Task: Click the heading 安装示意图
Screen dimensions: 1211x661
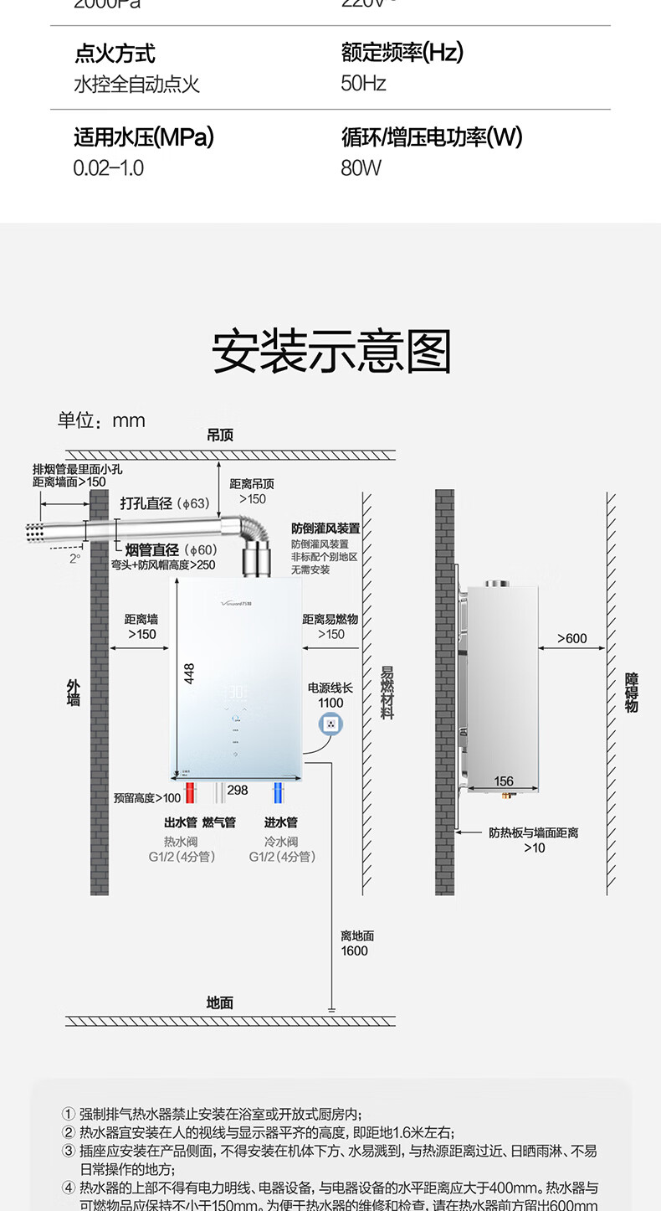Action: pyautogui.click(x=331, y=352)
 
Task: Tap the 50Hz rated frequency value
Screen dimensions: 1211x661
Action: pyautogui.click(x=363, y=84)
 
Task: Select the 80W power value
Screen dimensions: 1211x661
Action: pyautogui.click(x=361, y=168)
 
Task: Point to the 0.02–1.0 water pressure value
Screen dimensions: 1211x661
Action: pyautogui.click(x=109, y=168)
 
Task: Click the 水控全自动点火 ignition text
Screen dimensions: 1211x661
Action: pyautogui.click(x=137, y=85)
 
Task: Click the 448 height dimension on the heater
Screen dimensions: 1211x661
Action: pyautogui.click(x=190, y=674)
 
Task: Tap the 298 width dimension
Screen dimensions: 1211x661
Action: pyautogui.click(x=238, y=790)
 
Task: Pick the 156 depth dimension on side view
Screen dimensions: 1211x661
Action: pyautogui.click(x=504, y=781)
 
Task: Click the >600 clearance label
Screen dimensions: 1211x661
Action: pyautogui.click(x=572, y=638)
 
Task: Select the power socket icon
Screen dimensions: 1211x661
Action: pyautogui.click(x=331, y=724)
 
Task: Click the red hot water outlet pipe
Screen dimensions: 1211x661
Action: pyautogui.click(x=191, y=792)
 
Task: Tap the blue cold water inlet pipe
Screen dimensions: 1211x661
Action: pyautogui.click(x=278, y=792)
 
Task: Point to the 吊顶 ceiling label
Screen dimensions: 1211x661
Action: pyautogui.click(x=220, y=435)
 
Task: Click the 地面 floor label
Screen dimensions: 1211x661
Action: pyautogui.click(x=220, y=1002)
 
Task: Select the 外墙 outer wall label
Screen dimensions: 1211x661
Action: pyautogui.click(x=74, y=693)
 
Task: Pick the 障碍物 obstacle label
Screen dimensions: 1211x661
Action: pyautogui.click(x=632, y=693)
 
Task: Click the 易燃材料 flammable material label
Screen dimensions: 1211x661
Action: pyautogui.click(x=387, y=693)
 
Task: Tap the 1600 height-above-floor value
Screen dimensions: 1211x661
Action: pyautogui.click(x=354, y=951)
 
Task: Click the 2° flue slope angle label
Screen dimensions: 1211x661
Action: pyautogui.click(x=75, y=559)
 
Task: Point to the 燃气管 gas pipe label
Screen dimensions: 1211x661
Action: pyautogui.click(x=219, y=822)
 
